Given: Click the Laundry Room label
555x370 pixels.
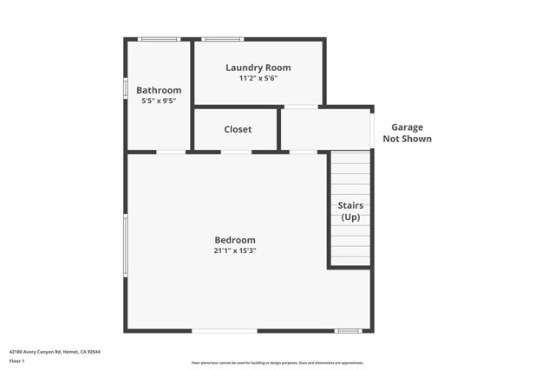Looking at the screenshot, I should [258, 68].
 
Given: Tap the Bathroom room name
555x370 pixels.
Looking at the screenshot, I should [159, 90].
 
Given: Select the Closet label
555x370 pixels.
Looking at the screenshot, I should [238, 129].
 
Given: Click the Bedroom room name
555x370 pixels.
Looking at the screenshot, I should [235, 240].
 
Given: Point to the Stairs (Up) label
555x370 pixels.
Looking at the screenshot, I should [350, 211].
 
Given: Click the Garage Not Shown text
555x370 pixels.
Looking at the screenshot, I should [407, 133].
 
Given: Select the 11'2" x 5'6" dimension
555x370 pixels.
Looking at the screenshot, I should [258, 78].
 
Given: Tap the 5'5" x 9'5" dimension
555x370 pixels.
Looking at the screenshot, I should [159, 101].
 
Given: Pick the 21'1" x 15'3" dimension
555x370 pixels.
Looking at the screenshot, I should [235, 250].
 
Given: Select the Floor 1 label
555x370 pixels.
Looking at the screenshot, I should [17, 360].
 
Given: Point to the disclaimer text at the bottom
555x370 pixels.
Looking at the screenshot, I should [277, 363].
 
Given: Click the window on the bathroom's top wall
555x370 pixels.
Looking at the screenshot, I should [159, 39].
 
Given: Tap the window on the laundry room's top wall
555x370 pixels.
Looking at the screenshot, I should [223, 39].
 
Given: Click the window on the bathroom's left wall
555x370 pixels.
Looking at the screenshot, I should [126, 88].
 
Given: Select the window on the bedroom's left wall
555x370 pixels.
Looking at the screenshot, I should [126, 245].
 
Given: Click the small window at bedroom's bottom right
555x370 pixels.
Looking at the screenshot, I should [348, 331].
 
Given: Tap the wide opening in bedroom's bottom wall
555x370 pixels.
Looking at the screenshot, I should [225, 331].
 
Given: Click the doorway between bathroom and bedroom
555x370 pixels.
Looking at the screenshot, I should [171, 153].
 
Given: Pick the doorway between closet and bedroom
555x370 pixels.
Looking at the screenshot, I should [236, 153].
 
